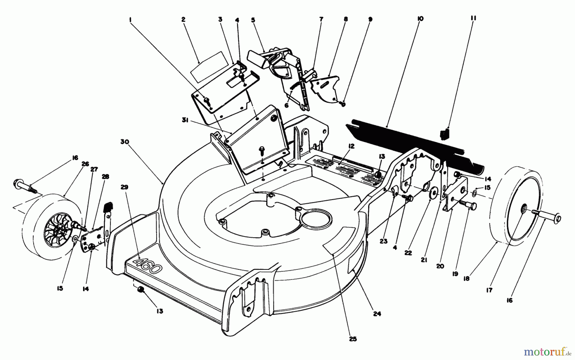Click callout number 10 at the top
420,19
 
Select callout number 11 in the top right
473,19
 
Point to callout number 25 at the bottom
353,339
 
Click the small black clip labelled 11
444,134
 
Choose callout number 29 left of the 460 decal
125,187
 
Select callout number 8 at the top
345,19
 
